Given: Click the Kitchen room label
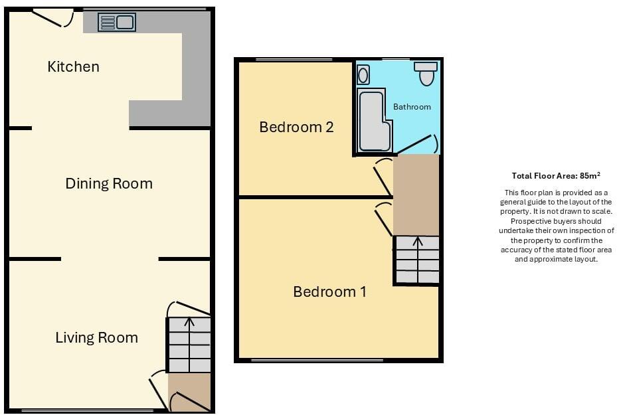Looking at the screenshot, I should point(73,66).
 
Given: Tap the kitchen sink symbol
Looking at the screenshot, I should point(117,23).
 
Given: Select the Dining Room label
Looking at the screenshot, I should point(109,184).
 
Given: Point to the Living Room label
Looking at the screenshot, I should point(96,337).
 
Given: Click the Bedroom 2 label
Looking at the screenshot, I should point(296,127).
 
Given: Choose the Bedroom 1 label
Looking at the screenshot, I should point(329,291).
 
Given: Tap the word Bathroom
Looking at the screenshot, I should point(412,106).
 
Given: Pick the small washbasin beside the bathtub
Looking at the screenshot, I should point(363,75).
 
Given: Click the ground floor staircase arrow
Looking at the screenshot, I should point(189,323).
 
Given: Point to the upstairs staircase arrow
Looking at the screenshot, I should point(417,242).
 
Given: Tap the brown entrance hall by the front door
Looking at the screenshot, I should point(189,392).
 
